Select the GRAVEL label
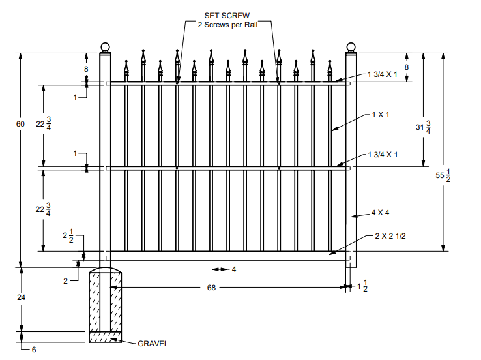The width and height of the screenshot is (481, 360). point(153,343)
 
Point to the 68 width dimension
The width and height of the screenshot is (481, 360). point(212,287)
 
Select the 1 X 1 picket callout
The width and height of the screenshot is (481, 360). point(380,114)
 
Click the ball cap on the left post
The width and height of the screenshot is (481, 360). point(106,47)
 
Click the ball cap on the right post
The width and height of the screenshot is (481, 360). point(351,47)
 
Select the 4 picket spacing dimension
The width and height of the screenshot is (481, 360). point(233,269)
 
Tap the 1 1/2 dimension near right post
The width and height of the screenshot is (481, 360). point(362,287)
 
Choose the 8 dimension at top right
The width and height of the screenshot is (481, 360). point(407,67)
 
